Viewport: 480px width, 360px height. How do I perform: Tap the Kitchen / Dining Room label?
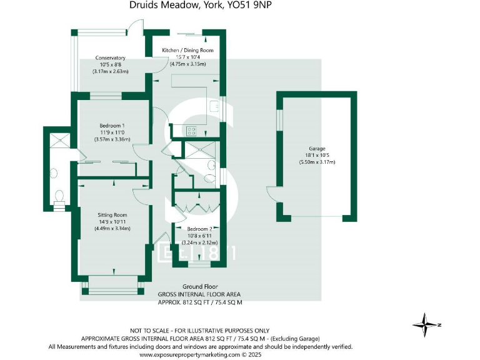pos(187,50)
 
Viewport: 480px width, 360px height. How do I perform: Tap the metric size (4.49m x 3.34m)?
pos(112,229)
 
